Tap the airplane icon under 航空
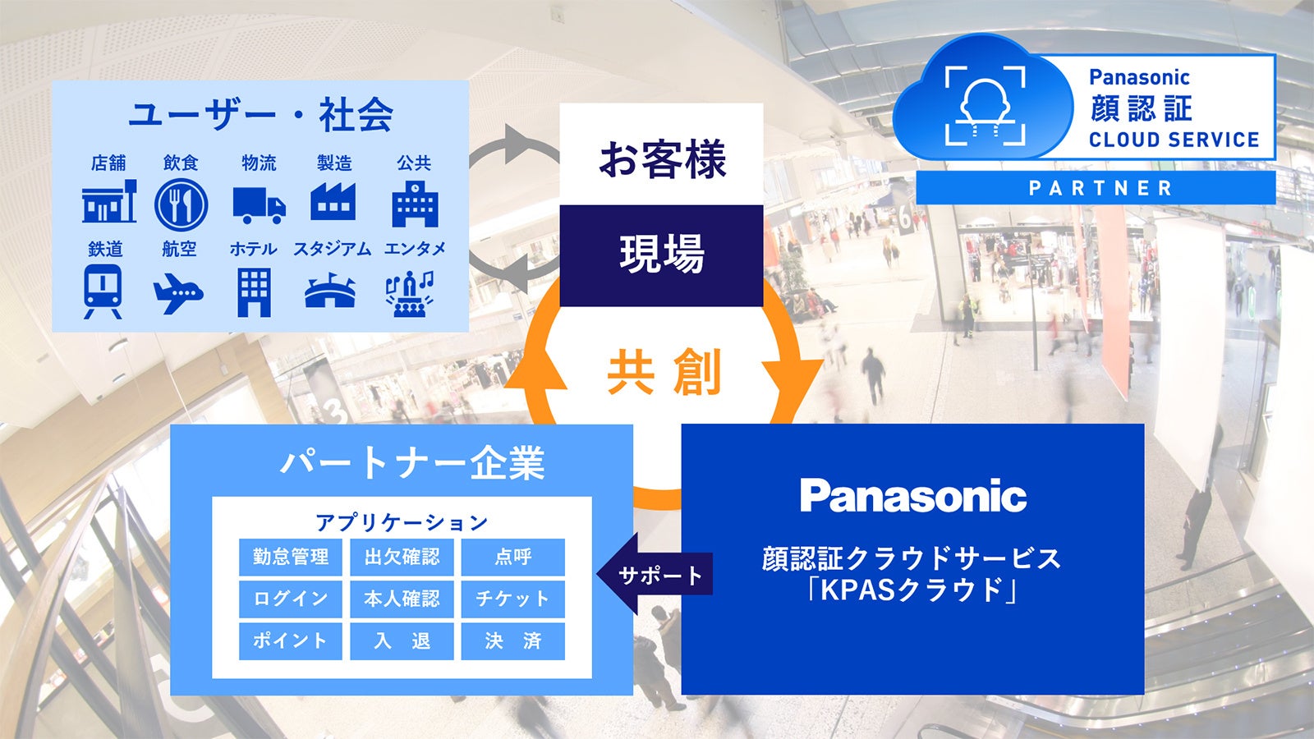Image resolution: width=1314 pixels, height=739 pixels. coord(177,294)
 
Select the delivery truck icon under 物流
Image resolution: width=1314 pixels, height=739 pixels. coord(259,205)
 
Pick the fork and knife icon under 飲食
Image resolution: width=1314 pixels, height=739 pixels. coord(181,204)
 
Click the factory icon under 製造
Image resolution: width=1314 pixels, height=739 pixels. coord(333,202)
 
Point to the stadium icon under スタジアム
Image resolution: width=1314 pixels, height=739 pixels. coord(330,292)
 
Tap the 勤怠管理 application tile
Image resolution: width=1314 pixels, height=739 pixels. coord(291,557)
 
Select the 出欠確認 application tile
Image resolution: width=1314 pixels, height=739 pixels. coord(402,557)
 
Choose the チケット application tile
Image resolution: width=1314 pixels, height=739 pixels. coord(512,599)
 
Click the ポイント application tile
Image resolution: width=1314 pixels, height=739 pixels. coord(291,640)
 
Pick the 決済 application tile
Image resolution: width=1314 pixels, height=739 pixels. coord(512,640)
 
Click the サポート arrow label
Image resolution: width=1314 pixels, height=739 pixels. coord(659,575)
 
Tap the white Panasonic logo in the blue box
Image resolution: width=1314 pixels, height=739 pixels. coord(913,496)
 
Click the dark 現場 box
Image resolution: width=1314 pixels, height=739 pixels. coord(661,255)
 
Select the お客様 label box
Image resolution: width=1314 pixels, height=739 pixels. coord(661,158)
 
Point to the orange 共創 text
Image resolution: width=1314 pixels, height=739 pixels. coord(664,372)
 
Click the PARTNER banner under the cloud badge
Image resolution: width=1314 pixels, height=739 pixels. coord(1096,188)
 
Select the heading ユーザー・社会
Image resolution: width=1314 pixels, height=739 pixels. coord(260,114)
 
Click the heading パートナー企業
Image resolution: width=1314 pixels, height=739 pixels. coord(412,463)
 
